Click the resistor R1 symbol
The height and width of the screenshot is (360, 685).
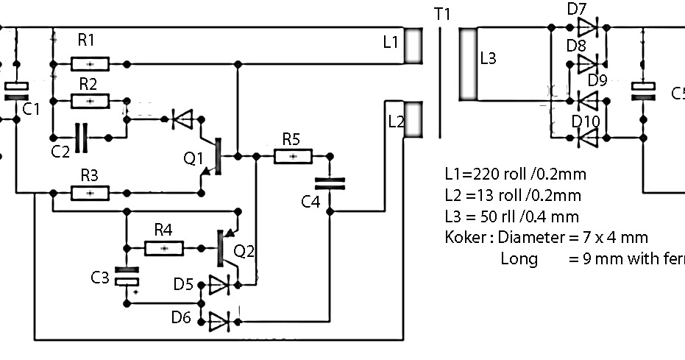pos(90,64)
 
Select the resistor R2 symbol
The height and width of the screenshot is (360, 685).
pos(90,100)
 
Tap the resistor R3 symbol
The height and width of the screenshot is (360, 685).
pos(90,193)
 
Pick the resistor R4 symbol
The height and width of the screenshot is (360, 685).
pos(164,248)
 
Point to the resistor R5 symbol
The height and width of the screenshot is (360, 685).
pos(293,156)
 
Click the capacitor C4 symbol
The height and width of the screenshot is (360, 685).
pos(329,183)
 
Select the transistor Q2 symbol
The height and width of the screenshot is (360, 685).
pos(223,249)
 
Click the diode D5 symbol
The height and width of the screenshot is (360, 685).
pos(220,283)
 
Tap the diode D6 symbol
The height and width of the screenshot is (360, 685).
pos(220,320)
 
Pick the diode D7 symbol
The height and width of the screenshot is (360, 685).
pos(588,28)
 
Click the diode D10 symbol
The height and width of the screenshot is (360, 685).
pos(588,136)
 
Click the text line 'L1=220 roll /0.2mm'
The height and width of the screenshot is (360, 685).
pos(515,174)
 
